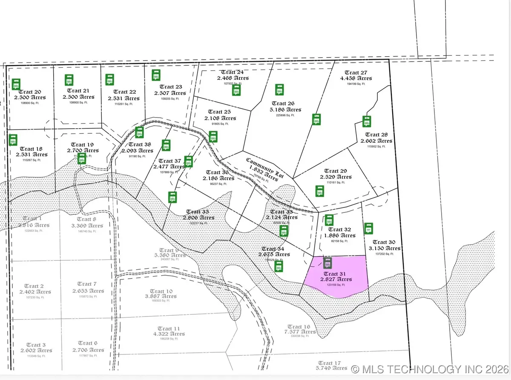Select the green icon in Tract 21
pos(69,80)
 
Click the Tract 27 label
pos(356,73)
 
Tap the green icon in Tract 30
pos(369,228)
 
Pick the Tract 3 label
pos(36,345)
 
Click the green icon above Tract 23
pos(156,75)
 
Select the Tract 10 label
pos(161,291)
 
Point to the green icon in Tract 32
pos(329,220)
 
